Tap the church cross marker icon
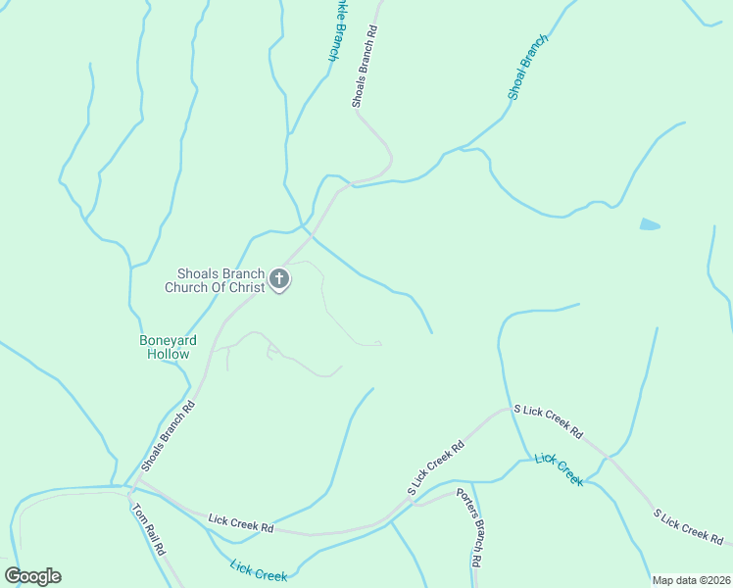279,280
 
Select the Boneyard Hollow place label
168,347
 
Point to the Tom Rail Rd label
148,530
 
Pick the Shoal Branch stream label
527,67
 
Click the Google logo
32,576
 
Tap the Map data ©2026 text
690,580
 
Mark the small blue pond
650,224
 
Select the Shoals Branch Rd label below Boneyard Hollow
169,433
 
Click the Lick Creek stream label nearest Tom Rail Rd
258,569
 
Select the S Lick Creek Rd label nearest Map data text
690,527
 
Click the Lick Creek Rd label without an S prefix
240,522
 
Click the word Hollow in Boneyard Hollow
168,354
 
